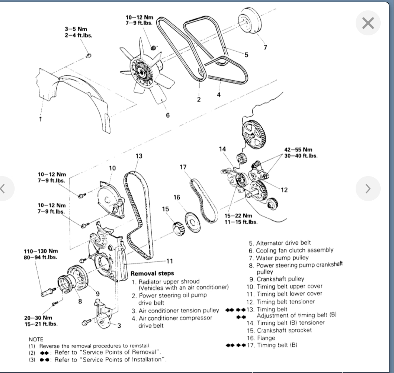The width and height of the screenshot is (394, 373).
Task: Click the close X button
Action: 368,23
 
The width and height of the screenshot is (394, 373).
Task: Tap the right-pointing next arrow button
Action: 368,189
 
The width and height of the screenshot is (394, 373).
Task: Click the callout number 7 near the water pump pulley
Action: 265,47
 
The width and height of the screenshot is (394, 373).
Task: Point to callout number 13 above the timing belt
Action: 139,156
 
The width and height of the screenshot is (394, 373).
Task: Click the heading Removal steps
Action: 152,274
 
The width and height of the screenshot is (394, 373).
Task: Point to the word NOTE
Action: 36,339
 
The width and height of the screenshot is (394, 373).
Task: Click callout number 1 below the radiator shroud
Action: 40,119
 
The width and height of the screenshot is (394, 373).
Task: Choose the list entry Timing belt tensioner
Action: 286,301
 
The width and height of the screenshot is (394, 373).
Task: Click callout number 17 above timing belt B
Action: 183,167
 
